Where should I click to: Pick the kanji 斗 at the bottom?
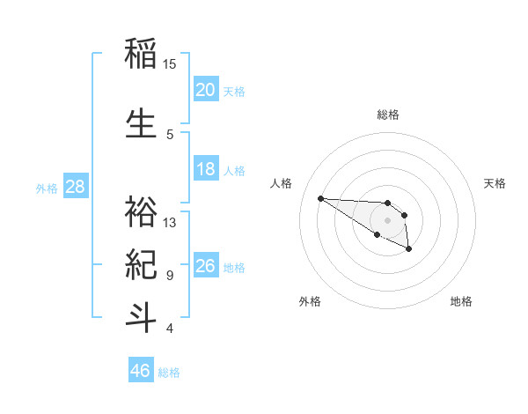pos(142,317)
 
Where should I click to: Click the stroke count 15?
pos(170,64)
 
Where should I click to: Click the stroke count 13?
pos(170,223)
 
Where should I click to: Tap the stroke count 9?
pos(170,276)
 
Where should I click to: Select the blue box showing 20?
pos(206,89)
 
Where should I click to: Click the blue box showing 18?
pos(206,169)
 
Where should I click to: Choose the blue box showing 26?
pos(206,266)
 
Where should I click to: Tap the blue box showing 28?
pos(75,186)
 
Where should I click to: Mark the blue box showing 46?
pos(141,371)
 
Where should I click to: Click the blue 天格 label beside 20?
pos(234,91)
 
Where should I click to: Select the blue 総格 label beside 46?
pos(169,373)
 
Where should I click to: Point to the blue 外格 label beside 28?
pos(47,188)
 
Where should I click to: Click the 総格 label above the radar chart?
pos(388,115)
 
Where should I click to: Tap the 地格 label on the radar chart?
pos(461,301)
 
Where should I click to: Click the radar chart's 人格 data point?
pos(320,198)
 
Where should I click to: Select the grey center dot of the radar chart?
pos(387,220)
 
